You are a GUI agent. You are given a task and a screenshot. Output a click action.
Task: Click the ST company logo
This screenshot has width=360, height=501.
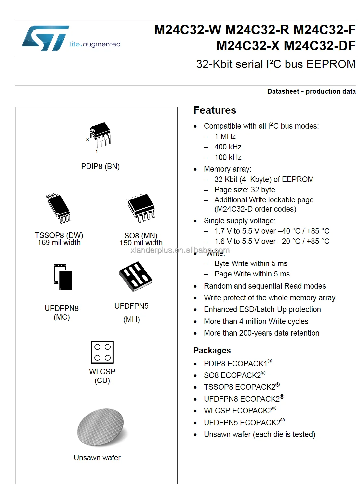point(46,38)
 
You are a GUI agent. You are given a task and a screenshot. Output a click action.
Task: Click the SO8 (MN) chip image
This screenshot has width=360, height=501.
point(141,207)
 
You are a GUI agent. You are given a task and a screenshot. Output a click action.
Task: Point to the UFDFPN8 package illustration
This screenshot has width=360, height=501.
point(63,277)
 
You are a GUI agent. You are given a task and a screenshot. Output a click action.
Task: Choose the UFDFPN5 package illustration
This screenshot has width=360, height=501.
point(135,276)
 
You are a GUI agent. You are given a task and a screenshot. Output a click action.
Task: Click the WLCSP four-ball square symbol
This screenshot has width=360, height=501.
point(102,352)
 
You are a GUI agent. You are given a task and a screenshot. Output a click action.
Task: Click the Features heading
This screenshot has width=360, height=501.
point(215,110)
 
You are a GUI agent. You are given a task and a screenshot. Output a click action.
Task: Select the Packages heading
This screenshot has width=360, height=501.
point(212,350)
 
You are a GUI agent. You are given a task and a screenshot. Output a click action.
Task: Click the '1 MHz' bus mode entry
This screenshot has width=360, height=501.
point(225,136)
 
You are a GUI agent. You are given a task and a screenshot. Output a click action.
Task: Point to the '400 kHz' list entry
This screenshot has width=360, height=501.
point(228,147)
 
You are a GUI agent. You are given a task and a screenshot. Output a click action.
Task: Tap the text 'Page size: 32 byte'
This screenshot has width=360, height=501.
point(245,190)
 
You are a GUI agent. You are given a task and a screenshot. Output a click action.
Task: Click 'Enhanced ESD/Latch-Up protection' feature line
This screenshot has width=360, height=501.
point(262,309)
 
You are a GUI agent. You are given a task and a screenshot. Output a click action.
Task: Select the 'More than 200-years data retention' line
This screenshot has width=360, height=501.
point(261,333)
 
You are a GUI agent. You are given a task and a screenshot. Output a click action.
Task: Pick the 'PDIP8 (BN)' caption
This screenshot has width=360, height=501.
point(100,166)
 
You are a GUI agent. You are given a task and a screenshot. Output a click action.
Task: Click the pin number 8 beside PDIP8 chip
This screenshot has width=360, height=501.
point(87,140)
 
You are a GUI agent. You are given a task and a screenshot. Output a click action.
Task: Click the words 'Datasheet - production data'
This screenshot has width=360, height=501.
point(311,91)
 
